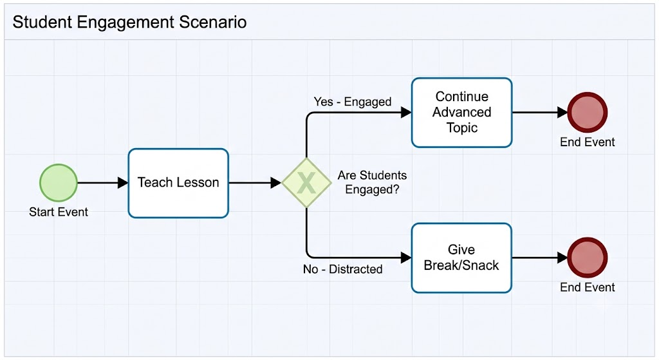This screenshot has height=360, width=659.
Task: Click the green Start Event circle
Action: (59, 183)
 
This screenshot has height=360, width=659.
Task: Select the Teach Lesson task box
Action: (178, 183)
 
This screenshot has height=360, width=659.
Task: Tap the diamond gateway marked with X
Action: (306, 183)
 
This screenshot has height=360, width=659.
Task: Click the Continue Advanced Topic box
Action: (461, 113)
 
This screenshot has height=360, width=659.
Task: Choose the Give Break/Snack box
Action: (461, 258)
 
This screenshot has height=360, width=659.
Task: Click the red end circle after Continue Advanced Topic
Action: (587, 112)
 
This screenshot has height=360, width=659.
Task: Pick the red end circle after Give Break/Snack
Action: (587, 258)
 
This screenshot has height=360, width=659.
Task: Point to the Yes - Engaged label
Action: (353, 102)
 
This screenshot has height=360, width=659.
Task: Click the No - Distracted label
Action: (342, 269)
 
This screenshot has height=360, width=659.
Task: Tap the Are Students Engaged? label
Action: (373, 182)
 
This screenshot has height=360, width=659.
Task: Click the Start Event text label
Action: (59, 212)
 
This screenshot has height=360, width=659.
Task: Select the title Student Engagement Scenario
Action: (129, 22)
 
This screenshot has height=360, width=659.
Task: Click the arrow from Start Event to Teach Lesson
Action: (102, 183)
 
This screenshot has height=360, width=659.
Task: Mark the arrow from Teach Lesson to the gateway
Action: (255, 183)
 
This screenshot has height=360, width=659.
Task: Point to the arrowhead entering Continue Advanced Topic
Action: (406, 112)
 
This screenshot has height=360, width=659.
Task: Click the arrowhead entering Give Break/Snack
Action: (406, 258)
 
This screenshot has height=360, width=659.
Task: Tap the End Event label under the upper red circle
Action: (587, 142)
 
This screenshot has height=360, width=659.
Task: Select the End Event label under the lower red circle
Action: (587, 287)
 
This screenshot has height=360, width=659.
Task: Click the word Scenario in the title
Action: (212, 22)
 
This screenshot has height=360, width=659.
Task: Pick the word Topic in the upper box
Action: (462, 128)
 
